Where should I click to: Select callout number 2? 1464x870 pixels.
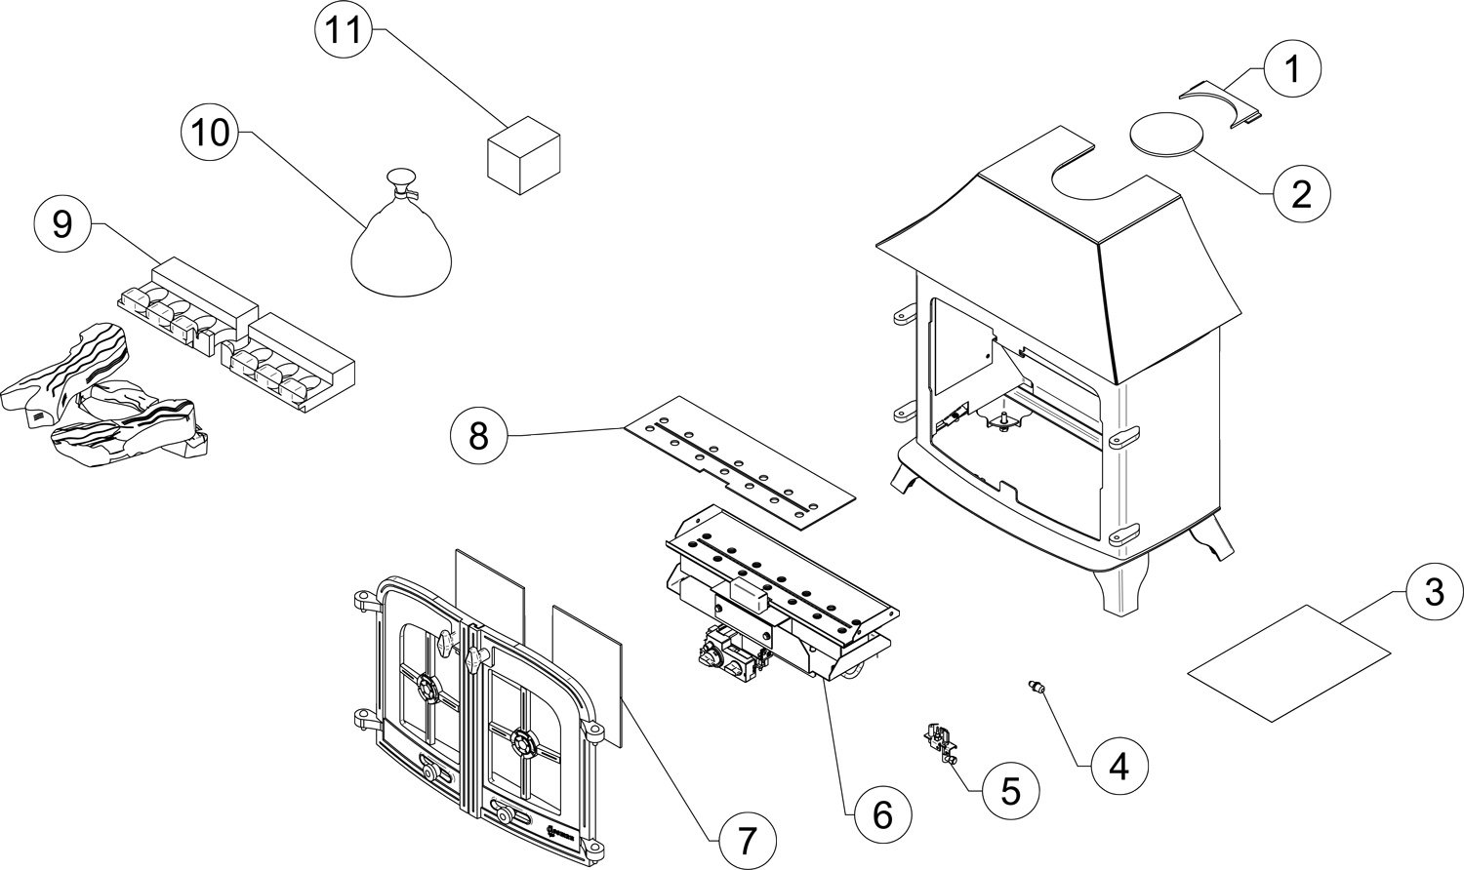click(x=1301, y=194)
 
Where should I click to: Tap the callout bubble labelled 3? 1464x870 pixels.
click(x=1435, y=592)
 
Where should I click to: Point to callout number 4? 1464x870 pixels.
click(x=1119, y=766)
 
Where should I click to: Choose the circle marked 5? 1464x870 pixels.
click(x=1010, y=792)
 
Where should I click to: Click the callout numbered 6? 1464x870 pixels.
click(x=883, y=815)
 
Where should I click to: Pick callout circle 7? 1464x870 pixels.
click(x=747, y=841)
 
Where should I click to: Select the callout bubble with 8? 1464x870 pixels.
click(x=479, y=436)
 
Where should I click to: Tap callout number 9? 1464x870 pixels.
click(x=62, y=225)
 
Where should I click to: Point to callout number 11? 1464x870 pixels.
click(x=344, y=30)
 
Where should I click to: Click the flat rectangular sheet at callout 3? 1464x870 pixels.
click(x=1289, y=663)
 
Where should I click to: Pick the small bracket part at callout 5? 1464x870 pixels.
click(x=940, y=742)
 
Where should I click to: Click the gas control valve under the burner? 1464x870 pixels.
click(x=732, y=656)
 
